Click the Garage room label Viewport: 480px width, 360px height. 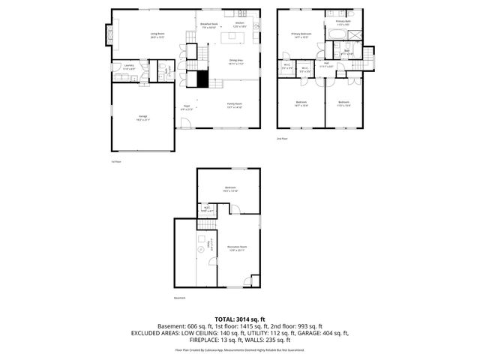click(142, 117)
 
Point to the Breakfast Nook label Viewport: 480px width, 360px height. click(208, 25)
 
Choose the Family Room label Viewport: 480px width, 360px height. click(235, 105)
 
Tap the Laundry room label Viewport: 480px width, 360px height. click(128, 67)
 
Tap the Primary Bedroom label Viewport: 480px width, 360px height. click(301, 34)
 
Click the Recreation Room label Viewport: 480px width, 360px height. click(237, 247)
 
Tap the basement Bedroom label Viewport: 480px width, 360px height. click(229, 188)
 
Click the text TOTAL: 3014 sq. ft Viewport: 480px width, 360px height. click(239, 319)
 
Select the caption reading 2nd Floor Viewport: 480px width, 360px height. click(282, 138)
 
